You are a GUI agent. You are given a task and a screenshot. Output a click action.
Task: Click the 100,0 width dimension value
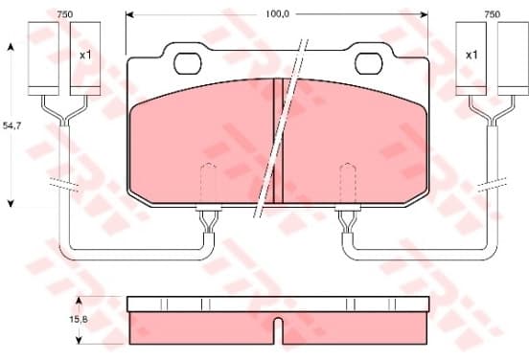277,14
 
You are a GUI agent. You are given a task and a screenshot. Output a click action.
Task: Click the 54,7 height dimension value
11,125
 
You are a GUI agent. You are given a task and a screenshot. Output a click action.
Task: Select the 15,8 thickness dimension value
79,319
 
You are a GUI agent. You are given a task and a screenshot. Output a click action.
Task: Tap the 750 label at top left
65,14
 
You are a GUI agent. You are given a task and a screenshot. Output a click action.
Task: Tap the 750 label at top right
493,14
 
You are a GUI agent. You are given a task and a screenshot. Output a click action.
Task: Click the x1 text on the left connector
85,55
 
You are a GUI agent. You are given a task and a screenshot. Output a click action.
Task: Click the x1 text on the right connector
471,55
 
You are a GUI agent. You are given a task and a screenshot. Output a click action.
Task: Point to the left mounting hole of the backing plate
188,64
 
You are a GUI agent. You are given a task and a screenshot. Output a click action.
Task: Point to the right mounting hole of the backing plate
369,64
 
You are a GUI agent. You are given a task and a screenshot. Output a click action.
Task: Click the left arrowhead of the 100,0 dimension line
129,14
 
